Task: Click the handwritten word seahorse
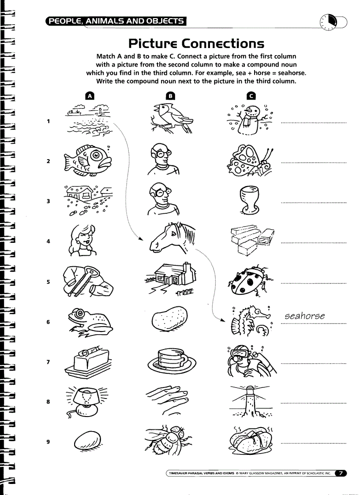coord(305,316)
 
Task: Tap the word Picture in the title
coord(153,44)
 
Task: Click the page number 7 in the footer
coord(341,473)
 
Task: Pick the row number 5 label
coord(48,282)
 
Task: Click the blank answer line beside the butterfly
coord(313,163)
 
